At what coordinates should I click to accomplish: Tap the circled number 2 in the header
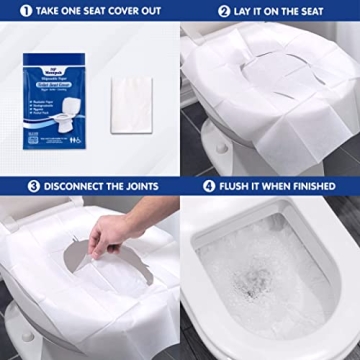click(x=195, y=11)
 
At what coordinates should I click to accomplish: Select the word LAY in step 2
click(x=220, y=11)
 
